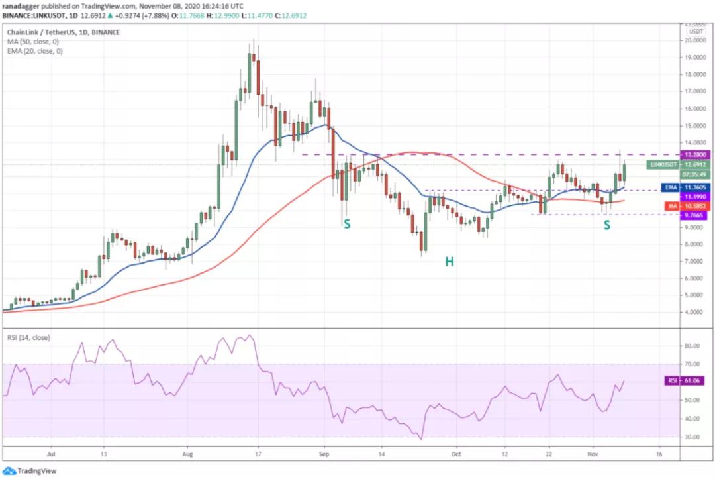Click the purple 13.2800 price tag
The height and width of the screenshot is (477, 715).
pyautogui.click(x=695, y=154)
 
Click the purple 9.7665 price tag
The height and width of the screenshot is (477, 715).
pyautogui.click(x=695, y=215)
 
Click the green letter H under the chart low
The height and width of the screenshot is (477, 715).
pyautogui.click(x=449, y=262)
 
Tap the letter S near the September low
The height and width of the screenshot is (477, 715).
pyautogui.click(x=346, y=224)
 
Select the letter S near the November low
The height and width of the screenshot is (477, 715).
pyautogui.click(x=606, y=225)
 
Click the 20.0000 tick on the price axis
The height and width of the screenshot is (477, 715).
pyautogui.click(x=695, y=40)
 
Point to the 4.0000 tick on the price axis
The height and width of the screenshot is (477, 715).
pyautogui.click(x=695, y=312)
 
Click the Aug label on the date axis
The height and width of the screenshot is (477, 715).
pyautogui.click(x=187, y=455)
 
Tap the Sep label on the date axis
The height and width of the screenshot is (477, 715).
pyautogui.click(x=324, y=455)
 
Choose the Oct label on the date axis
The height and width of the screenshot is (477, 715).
pyautogui.click(x=455, y=455)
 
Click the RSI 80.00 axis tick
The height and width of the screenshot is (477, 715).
pyautogui.click(x=693, y=346)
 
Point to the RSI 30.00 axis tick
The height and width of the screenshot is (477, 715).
pyautogui.click(x=693, y=437)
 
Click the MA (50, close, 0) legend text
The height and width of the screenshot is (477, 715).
pyautogui.click(x=32, y=42)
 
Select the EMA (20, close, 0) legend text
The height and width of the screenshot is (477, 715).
pyautogui.click(x=34, y=51)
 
